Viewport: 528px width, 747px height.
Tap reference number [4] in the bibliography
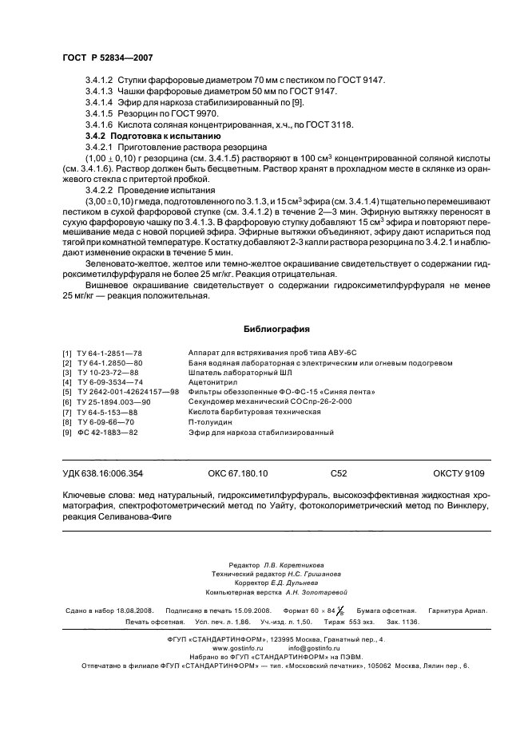pos(67,382)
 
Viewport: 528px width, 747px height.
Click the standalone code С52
pos(338,473)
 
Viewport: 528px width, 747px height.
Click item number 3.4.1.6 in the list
pos(97,126)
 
